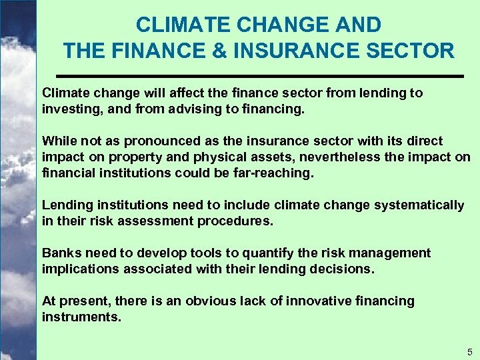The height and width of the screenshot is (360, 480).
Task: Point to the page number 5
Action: [469, 351]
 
